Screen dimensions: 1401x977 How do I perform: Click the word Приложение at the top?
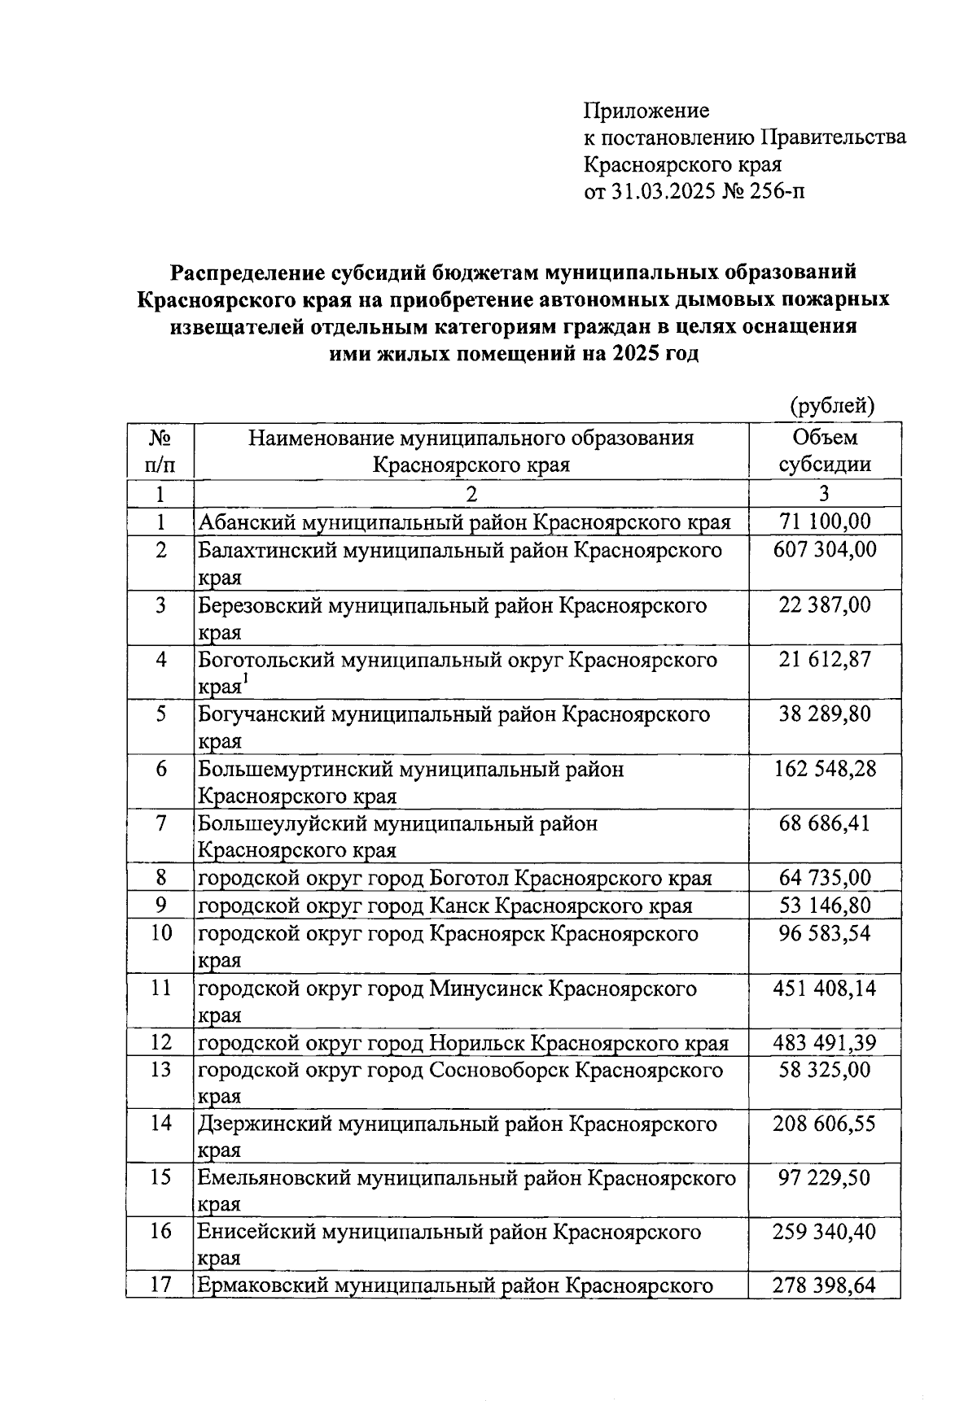[x=646, y=111]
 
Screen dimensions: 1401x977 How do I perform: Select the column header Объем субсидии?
[x=824, y=451]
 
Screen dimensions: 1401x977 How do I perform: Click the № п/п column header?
[x=160, y=451]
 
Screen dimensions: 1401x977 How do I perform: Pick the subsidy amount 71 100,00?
[x=824, y=522]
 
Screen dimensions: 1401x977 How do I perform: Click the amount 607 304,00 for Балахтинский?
[x=824, y=549]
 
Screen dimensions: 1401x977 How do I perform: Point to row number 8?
[x=161, y=878]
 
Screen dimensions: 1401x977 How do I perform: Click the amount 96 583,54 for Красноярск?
[x=824, y=932]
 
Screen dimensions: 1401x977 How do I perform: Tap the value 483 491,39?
[x=824, y=1042]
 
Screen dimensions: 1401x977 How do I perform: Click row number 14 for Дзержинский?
[x=161, y=1124]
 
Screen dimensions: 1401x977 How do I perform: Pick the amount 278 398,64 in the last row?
[x=824, y=1286]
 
